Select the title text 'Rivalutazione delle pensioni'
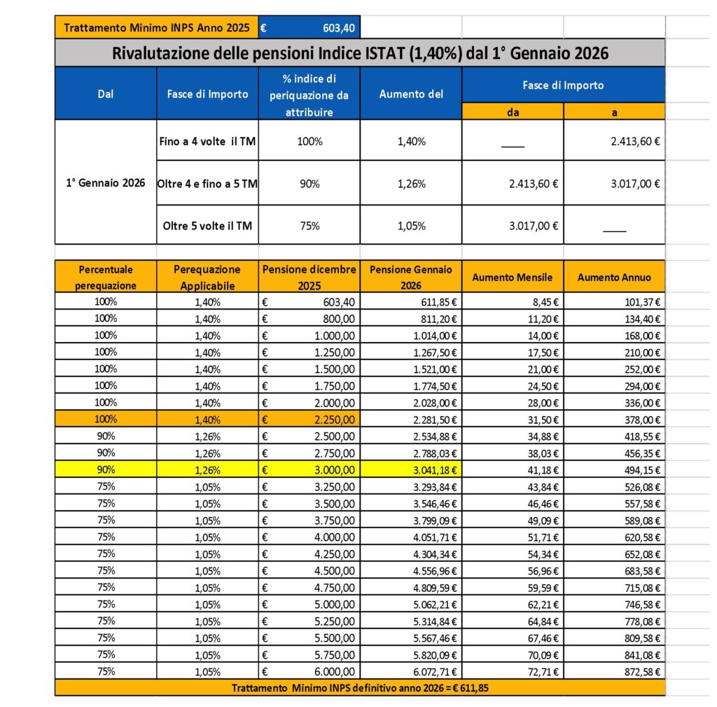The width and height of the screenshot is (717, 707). (203, 53)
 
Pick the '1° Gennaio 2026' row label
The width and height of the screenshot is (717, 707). (105, 183)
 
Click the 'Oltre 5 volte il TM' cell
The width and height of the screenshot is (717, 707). (207, 225)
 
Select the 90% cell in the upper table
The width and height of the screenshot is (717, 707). (309, 183)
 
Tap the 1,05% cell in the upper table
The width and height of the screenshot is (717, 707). (410, 225)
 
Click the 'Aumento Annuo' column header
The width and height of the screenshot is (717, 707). (613, 277)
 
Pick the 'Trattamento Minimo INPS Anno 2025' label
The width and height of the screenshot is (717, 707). (156, 28)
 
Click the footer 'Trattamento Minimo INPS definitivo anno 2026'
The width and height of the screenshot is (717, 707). (360, 688)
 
